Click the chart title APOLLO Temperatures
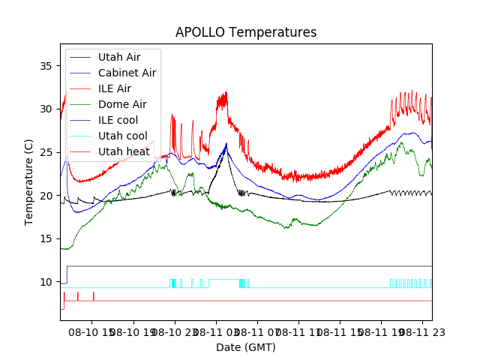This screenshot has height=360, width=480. click(246, 32)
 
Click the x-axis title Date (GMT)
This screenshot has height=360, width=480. click(246, 347)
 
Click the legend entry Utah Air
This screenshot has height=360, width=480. click(119, 56)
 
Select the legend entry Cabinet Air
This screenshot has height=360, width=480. click(127, 73)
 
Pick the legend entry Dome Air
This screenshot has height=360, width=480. click(122, 104)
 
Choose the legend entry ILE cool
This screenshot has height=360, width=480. click(118, 120)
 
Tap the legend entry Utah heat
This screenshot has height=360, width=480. click(124, 152)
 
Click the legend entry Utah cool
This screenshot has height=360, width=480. click(123, 136)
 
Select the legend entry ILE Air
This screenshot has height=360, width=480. click(115, 88)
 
